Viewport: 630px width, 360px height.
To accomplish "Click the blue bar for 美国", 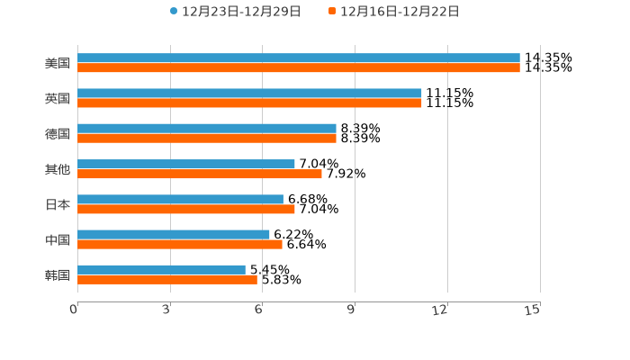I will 299,58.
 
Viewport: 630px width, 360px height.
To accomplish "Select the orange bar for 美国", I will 299,68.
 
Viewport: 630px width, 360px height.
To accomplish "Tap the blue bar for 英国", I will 249,94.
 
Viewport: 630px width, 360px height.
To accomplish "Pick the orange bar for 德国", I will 207,139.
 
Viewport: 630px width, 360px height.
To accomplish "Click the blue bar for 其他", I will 186,164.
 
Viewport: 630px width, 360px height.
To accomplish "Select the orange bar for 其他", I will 200,174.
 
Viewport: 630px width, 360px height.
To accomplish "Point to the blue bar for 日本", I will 180,199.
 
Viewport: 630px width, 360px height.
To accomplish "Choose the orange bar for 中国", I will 180,244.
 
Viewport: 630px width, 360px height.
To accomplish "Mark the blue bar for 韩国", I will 161,269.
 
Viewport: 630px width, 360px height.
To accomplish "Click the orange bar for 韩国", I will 167,279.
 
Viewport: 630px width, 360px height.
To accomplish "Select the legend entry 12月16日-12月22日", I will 399,12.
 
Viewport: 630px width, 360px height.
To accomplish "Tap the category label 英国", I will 58,98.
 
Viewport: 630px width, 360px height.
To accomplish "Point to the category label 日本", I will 58,204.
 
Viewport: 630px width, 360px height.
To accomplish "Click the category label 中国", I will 58,239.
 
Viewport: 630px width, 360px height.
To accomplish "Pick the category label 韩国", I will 58,274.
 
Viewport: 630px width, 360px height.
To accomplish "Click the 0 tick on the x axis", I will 75,310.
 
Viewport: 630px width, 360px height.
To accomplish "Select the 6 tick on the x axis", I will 259,310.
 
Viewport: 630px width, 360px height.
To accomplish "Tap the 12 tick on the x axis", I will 440,310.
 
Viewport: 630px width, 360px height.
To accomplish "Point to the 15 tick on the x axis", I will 533,310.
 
